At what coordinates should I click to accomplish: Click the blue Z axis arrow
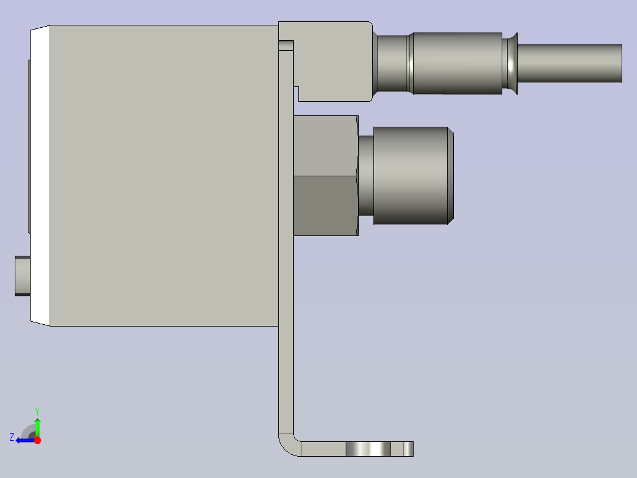[x=24, y=440]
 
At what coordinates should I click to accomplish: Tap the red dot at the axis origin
[x=37, y=440]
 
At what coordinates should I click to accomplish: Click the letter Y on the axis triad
[x=37, y=410]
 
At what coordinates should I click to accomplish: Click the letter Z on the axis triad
[x=12, y=437]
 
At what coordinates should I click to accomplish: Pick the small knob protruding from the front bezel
[x=22, y=276]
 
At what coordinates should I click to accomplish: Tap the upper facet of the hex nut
[x=325, y=145]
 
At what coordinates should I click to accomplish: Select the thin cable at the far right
[x=570, y=63]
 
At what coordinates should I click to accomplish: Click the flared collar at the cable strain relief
[x=511, y=63]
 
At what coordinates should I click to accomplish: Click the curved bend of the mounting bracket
[x=287, y=445]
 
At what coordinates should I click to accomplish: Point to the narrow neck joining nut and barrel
[x=366, y=176]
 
